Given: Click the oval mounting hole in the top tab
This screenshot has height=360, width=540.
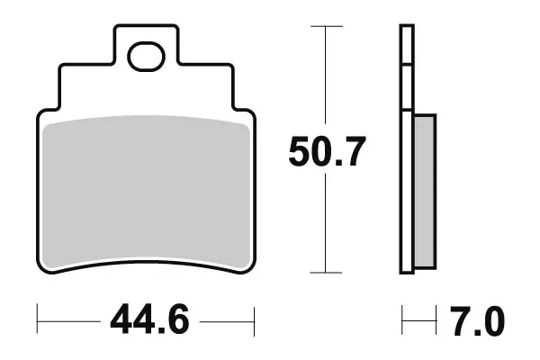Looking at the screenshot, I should [144, 57].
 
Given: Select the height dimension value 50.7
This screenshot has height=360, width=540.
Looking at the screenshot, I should [327, 152].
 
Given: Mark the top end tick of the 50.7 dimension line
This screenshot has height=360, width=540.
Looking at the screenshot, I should [326, 27].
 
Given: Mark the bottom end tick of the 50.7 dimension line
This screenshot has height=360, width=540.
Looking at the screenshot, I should [326, 272].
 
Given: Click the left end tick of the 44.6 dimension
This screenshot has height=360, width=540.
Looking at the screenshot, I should [37, 319].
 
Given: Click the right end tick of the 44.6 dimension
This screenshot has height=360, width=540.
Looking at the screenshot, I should [256, 319].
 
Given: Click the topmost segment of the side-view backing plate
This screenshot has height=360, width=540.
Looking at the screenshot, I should [407, 45].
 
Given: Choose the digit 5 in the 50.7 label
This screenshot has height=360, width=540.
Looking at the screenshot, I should [300, 152].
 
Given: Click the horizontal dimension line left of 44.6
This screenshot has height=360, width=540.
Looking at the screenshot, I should [67, 319].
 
